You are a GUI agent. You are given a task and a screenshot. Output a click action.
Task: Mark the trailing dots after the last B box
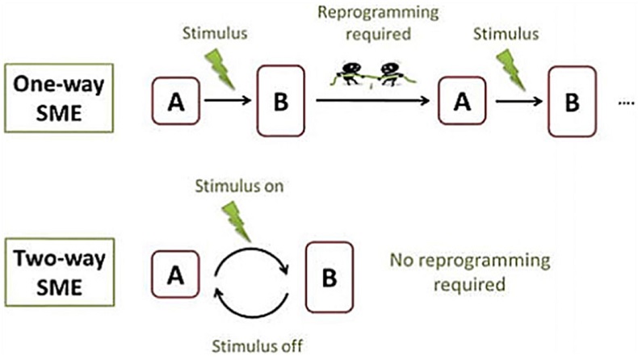point(623,103)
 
